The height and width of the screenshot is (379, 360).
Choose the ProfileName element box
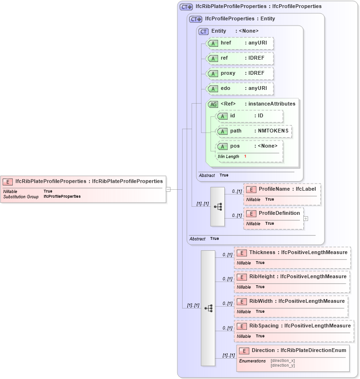click(282, 194)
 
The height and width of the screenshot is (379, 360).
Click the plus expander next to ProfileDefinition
click(306, 219)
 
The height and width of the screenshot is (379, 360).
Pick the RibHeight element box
click(292, 282)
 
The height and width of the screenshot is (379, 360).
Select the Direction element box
click(293, 358)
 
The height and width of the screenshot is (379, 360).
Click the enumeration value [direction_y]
click(282, 365)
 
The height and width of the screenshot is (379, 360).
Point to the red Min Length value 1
click(245, 156)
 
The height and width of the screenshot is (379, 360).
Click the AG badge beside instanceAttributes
click(213, 104)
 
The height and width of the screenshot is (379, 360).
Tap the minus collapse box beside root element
click(168, 189)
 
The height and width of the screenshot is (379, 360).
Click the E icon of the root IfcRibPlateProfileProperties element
click(8, 181)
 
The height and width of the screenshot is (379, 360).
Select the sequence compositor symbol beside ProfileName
click(218, 206)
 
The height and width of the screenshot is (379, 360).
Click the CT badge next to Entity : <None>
click(203, 31)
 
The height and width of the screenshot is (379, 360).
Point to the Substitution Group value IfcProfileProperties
click(62, 196)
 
